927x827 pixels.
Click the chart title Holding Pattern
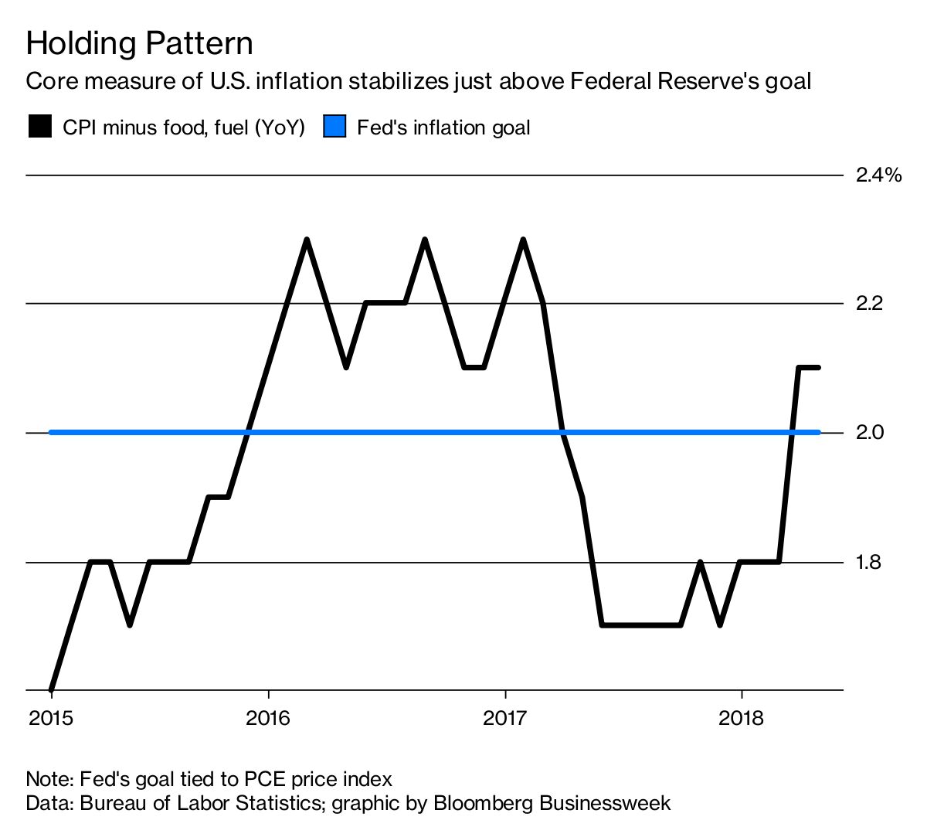(x=139, y=44)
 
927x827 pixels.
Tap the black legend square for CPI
(x=39, y=127)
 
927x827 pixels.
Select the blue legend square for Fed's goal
(x=334, y=127)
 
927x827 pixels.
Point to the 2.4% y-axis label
(x=878, y=175)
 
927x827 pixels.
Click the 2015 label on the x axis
(x=51, y=719)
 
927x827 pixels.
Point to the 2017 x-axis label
(x=504, y=719)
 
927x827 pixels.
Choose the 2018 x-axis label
(x=741, y=719)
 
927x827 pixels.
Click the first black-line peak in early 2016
(x=307, y=240)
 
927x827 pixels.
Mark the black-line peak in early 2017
(x=523, y=240)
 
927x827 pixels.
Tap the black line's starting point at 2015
(x=51, y=689)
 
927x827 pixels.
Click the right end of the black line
(x=818, y=368)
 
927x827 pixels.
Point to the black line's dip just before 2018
(x=720, y=624)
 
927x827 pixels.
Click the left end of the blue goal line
(x=52, y=432)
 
